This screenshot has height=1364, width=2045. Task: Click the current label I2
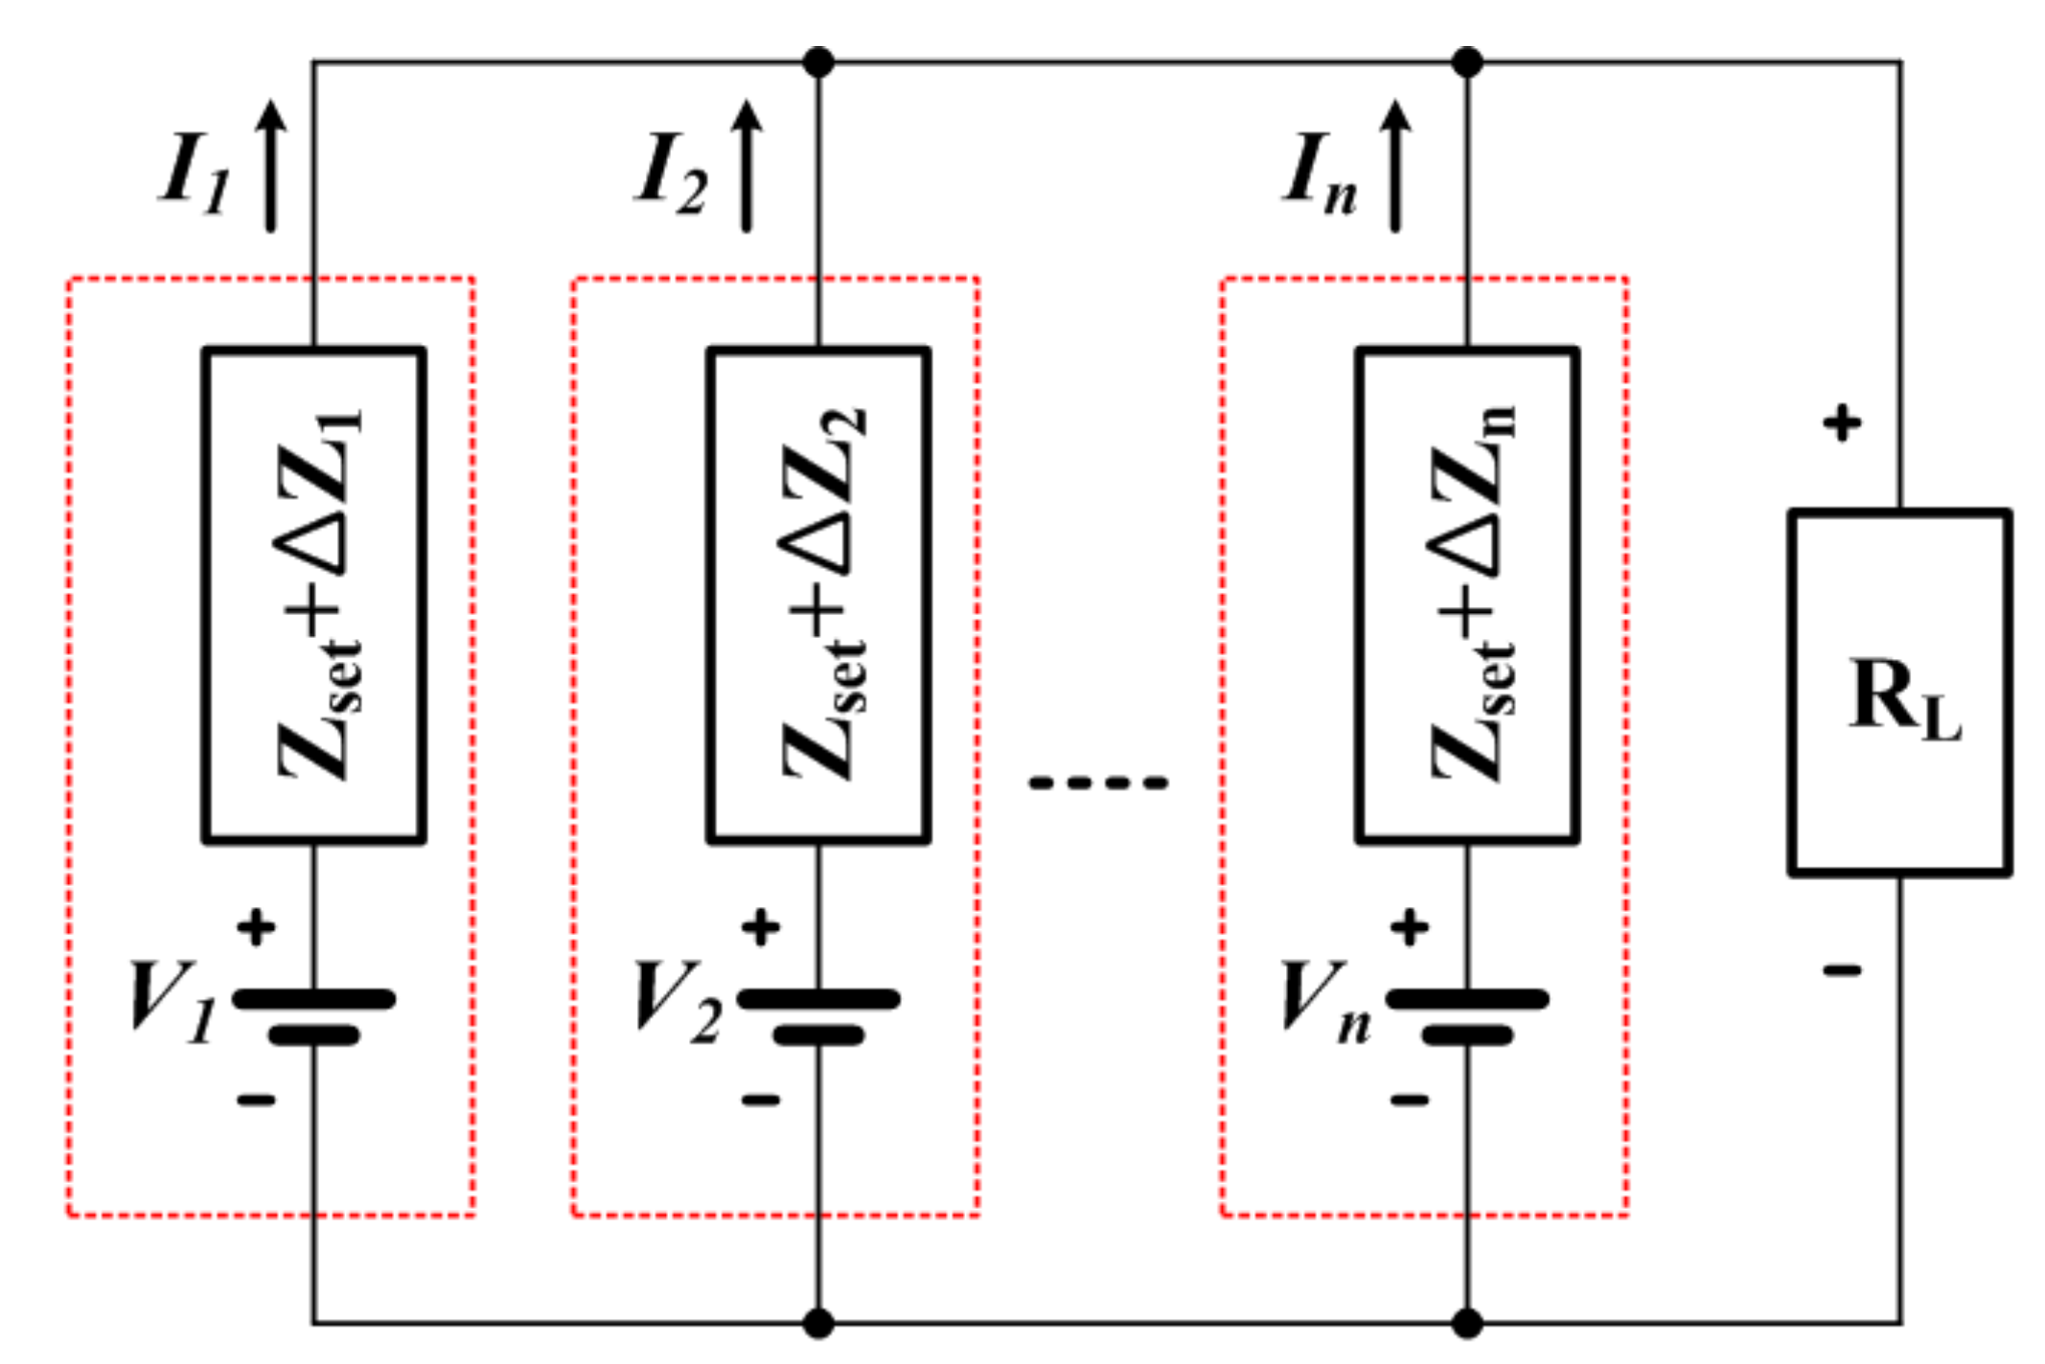coord(671,173)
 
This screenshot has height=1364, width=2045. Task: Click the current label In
coord(1320,173)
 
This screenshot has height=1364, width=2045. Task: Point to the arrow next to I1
coord(271,165)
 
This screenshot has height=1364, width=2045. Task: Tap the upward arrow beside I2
coord(747,165)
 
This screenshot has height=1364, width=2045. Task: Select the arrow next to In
coord(1395,165)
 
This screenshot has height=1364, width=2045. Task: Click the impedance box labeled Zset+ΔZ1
coord(314,595)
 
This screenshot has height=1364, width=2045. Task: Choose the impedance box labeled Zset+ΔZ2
coord(818,595)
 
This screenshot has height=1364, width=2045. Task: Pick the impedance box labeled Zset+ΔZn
coord(1467,595)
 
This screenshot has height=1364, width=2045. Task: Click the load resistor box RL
coord(1899,693)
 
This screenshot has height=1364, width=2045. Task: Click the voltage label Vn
coord(1325,1001)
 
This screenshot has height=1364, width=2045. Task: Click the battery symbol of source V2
coord(818,1015)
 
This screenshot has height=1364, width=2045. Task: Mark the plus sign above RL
coord(1842,422)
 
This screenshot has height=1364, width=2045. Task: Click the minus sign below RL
coord(1842,970)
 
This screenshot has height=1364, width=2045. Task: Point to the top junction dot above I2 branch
coord(817,62)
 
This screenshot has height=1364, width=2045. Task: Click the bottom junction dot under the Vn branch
coord(1467,1324)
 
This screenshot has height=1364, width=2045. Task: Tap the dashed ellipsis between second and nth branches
coord(1098,783)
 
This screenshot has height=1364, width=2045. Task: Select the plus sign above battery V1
coord(256,927)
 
